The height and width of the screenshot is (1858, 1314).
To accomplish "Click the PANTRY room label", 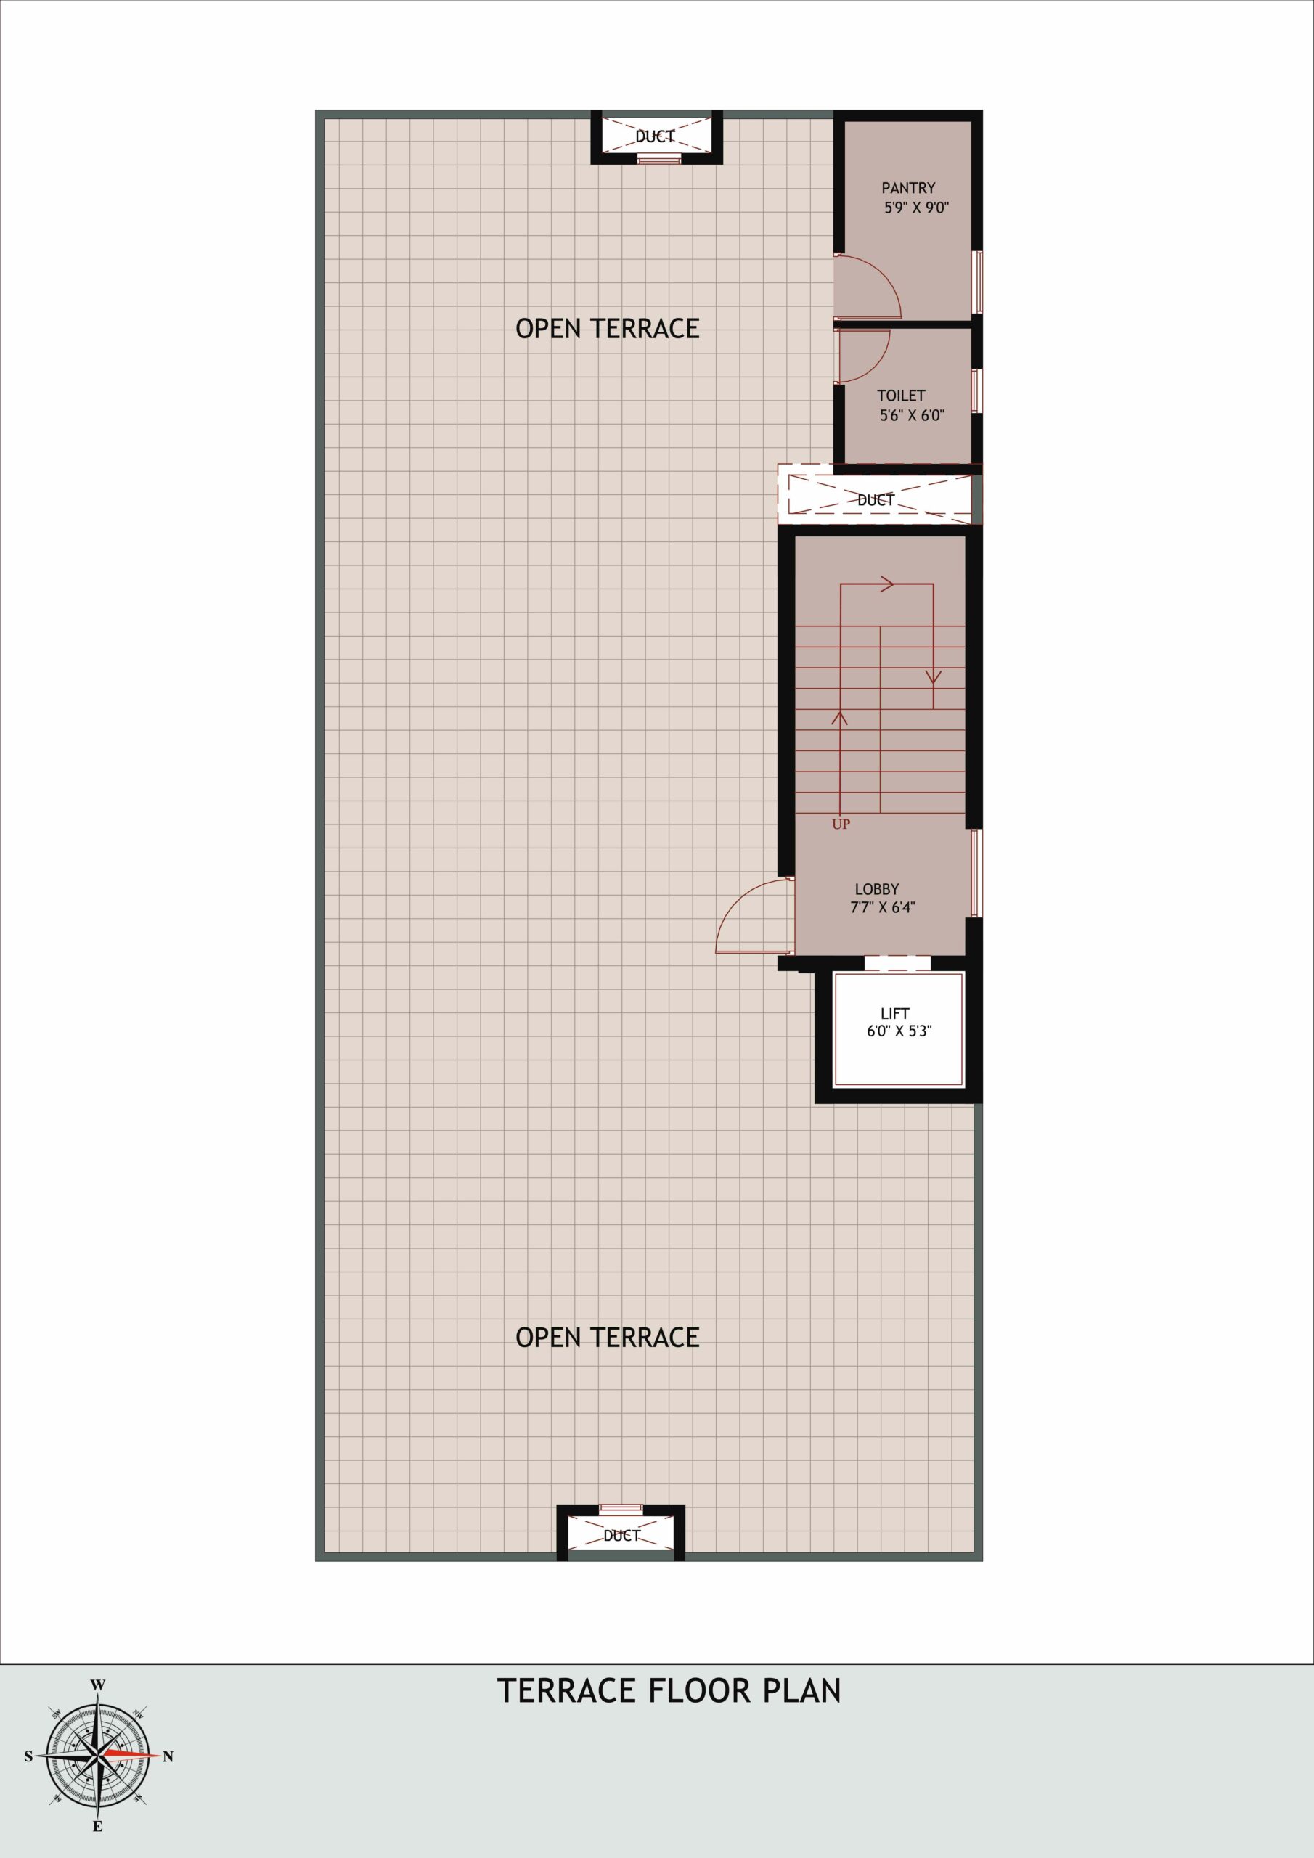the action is [x=908, y=188].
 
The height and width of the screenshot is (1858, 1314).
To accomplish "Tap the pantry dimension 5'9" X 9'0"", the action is [x=916, y=207].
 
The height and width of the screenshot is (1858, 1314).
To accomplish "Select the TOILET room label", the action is [x=901, y=396].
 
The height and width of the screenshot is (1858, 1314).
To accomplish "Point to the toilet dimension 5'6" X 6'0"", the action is [x=913, y=416].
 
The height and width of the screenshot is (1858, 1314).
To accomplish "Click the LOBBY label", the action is [x=877, y=888].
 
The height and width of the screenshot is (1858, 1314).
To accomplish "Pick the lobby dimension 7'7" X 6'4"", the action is [x=883, y=907].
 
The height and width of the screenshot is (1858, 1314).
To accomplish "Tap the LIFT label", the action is [x=894, y=1013].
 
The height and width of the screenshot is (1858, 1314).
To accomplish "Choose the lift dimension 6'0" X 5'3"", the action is [x=899, y=1032].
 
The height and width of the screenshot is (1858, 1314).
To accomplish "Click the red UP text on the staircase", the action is [x=841, y=824].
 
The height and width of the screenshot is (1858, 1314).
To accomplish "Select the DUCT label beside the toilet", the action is [x=876, y=500].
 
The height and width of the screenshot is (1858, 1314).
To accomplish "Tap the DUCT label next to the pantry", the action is [x=655, y=136].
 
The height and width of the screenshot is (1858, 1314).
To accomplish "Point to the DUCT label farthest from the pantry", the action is [x=621, y=1535].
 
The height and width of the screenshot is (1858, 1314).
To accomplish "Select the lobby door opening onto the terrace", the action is [x=739, y=899].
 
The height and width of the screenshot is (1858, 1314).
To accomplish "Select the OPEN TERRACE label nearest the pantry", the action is [x=607, y=328].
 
